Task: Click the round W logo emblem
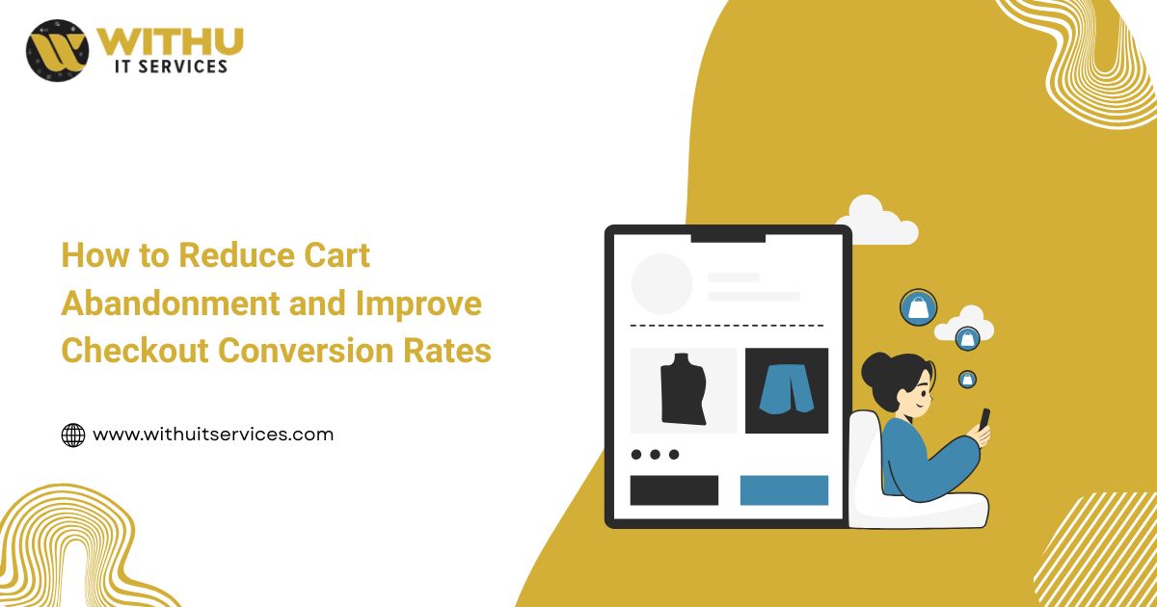pyautogui.click(x=57, y=51)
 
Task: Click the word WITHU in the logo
pyautogui.click(x=170, y=41)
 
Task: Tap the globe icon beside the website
pyautogui.click(x=73, y=435)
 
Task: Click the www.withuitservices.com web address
pyautogui.click(x=213, y=435)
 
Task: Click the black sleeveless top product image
pyautogui.click(x=684, y=389)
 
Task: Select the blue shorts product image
pyautogui.click(x=786, y=389)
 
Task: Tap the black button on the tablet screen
pyautogui.click(x=674, y=489)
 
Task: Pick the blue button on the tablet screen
pyautogui.click(x=784, y=489)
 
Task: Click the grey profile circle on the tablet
pyautogui.click(x=661, y=284)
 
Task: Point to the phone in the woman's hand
pyautogui.click(x=984, y=419)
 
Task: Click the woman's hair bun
pyautogui.click(x=874, y=369)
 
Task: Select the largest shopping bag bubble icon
pyautogui.click(x=918, y=307)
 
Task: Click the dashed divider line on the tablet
pyautogui.click(x=728, y=326)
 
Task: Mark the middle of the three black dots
pyautogui.click(x=655, y=454)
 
